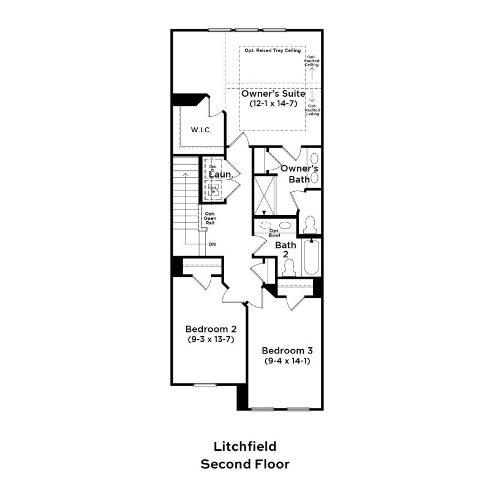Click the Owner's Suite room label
click(x=273, y=94)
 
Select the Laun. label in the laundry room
click(x=220, y=175)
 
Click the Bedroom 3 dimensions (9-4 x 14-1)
click(x=287, y=361)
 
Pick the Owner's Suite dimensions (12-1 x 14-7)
click(x=273, y=105)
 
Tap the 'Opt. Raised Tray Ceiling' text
click(x=273, y=51)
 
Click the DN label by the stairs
click(x=212, y=244)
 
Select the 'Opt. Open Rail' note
click(x=209, y=219)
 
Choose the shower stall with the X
click(x=266, y=195)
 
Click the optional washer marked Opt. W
click(x=213, y=190)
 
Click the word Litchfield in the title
click(x=244, y=446)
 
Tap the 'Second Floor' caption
click(x=244, y=464)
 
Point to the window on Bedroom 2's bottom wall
click(x=202, y=385)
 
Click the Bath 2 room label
click(x=285, y=249)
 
